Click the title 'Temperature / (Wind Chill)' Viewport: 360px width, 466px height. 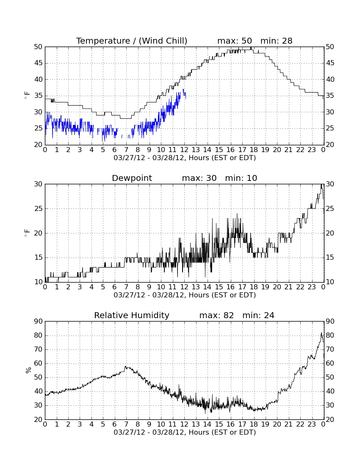pos(132,41)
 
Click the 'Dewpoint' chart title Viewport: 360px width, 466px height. pos(132,178)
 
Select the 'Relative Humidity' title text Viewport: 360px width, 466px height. pos(132,315)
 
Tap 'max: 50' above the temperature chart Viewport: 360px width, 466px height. pos(235,41)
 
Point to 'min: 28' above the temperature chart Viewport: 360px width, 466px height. pos(277,41)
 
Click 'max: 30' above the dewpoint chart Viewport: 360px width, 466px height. pos(199,178)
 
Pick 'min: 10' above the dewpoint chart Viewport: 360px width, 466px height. pos(241,178)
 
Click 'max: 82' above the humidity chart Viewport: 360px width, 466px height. pos(216,315)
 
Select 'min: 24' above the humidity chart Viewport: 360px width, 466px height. pos(258,315)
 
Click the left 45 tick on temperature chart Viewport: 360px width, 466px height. pos(39,63)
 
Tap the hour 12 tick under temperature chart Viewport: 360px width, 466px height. pos(184,150)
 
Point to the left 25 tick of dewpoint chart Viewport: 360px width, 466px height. pos(39,208)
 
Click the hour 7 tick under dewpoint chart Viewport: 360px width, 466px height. pos(126,287)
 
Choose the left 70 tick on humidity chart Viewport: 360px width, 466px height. pos(39,349)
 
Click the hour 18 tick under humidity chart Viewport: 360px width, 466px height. pos(254,424)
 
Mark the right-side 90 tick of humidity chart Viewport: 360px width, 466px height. pos(330,321)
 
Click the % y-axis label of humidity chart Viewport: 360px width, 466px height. pos(28,370)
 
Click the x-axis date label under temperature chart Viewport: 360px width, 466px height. pos(185,158)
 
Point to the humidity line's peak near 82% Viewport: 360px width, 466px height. pos(321,333)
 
